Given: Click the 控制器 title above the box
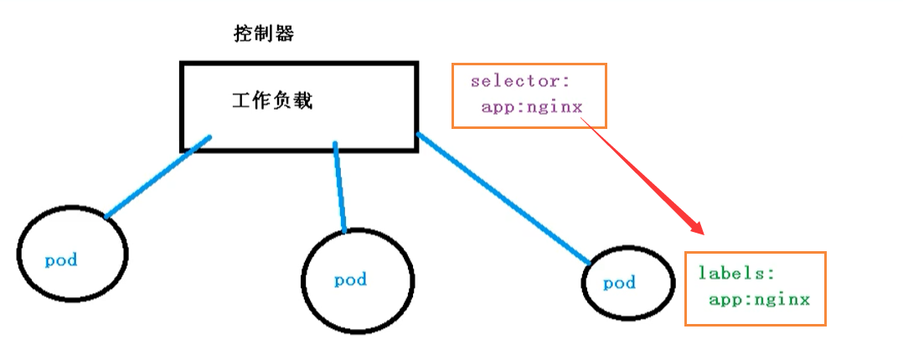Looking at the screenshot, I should [x=264, y=35].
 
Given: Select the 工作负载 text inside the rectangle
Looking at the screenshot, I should [x=271, y=101].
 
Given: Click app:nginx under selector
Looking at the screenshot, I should [x=531, y=107].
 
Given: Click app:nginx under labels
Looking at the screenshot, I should [x=759, y=299].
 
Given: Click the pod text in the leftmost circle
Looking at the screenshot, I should [x=61, y=260].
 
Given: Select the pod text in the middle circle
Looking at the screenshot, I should [x=350, y=280].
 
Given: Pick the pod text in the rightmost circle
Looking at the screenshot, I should [x=620, y=283].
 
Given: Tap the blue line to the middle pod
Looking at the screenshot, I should [x=339, y=188].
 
